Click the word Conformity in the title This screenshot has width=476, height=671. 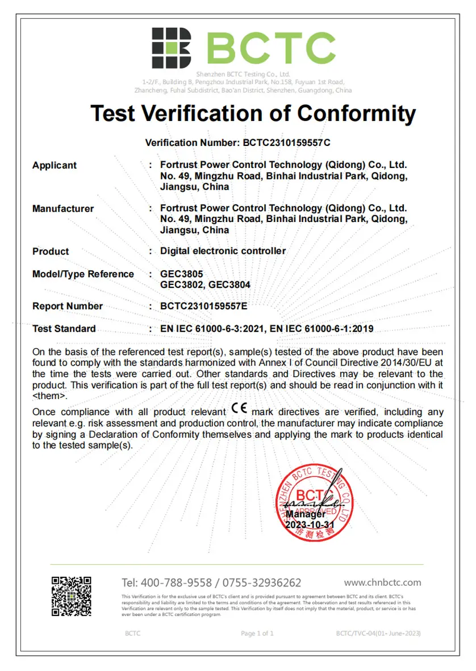point(357,114)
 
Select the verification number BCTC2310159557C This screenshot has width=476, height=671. point(286,142)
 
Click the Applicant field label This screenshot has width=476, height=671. point(55,165)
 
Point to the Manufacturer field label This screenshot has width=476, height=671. point(63,208)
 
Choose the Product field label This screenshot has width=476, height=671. point(51,251)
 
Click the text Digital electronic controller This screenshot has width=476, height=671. point(223,251)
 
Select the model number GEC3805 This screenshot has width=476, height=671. point(182,274)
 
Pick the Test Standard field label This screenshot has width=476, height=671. point(64,329)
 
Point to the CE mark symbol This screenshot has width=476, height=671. point(240,409)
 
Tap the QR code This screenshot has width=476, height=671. point(72,596)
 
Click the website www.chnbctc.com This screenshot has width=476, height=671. point(383,582)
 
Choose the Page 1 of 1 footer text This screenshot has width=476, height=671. point(257,633)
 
